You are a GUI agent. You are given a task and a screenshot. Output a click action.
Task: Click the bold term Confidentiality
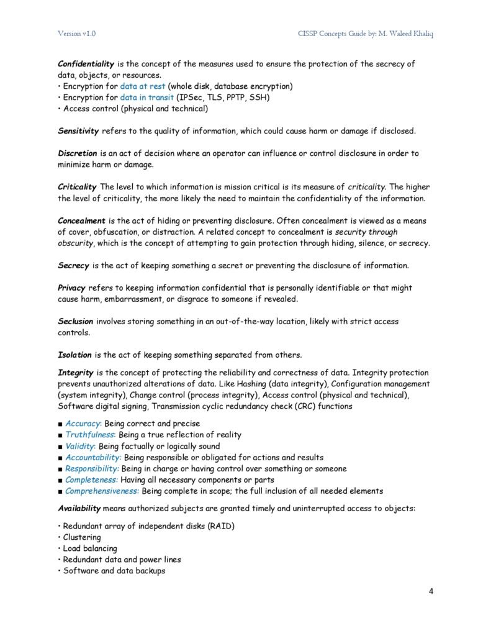[85, 64]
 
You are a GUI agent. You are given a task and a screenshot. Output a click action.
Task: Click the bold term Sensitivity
[78, 131]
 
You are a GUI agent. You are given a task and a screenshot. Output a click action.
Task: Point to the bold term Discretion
[78, 153]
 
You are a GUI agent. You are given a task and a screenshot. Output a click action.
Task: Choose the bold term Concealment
[81, 220]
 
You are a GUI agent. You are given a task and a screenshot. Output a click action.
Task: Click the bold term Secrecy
[73, 265]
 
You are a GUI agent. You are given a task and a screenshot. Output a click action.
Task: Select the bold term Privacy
[72, 288]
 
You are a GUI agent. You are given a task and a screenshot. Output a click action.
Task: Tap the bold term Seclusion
[76, 321]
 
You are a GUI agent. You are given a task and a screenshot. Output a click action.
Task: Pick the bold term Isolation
[74, 355]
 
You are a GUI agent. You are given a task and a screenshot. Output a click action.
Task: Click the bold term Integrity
[76, 373]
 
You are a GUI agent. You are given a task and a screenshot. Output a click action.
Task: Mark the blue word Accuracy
[83, 424]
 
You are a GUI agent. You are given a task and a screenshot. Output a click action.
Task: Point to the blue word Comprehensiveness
[102, 491]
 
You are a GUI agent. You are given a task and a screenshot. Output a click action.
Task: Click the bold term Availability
[79, 508]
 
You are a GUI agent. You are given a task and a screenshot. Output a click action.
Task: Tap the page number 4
[431, 591]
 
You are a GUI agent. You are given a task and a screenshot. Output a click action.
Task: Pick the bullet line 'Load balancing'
[90, 548]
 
